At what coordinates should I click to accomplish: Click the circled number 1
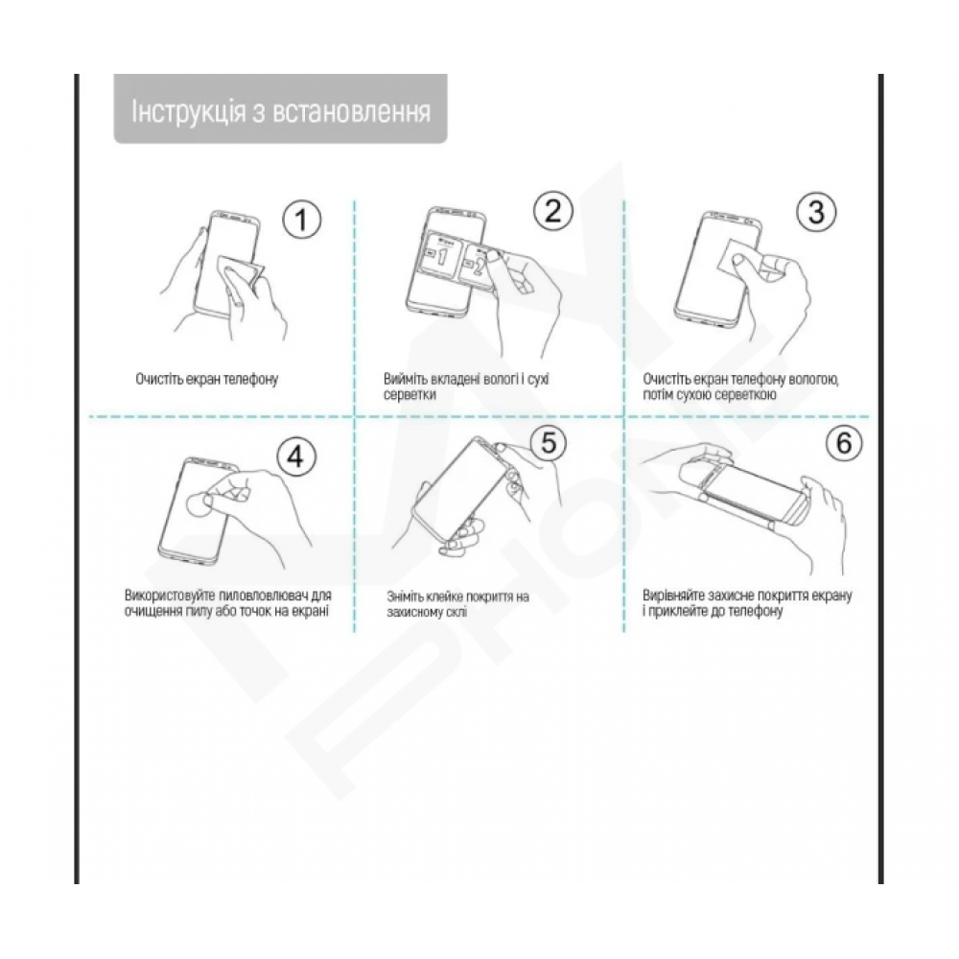point(301,220)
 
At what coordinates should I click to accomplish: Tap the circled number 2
point(553,211)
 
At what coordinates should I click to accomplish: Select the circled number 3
point(816,212)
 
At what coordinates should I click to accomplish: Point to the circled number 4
point(296,456)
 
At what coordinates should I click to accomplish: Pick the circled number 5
point(549,441)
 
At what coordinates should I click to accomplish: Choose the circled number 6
point(843,442)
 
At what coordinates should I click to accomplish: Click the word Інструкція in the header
point(188,112)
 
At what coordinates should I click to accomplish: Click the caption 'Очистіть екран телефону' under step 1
point(207,379)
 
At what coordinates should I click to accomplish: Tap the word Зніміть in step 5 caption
point(405,596)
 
